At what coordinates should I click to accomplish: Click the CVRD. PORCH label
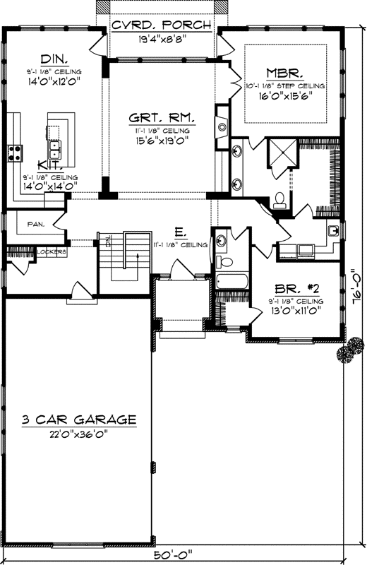[x=162, y=25]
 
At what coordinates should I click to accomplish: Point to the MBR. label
[x=285, y=73]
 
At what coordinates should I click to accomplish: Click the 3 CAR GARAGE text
[x=78, y=420]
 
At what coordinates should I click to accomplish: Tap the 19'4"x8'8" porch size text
[x=162, y=40]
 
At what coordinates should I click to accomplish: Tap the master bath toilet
[x=279, y=201]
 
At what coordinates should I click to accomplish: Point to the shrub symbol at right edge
[x=347, y=352]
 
